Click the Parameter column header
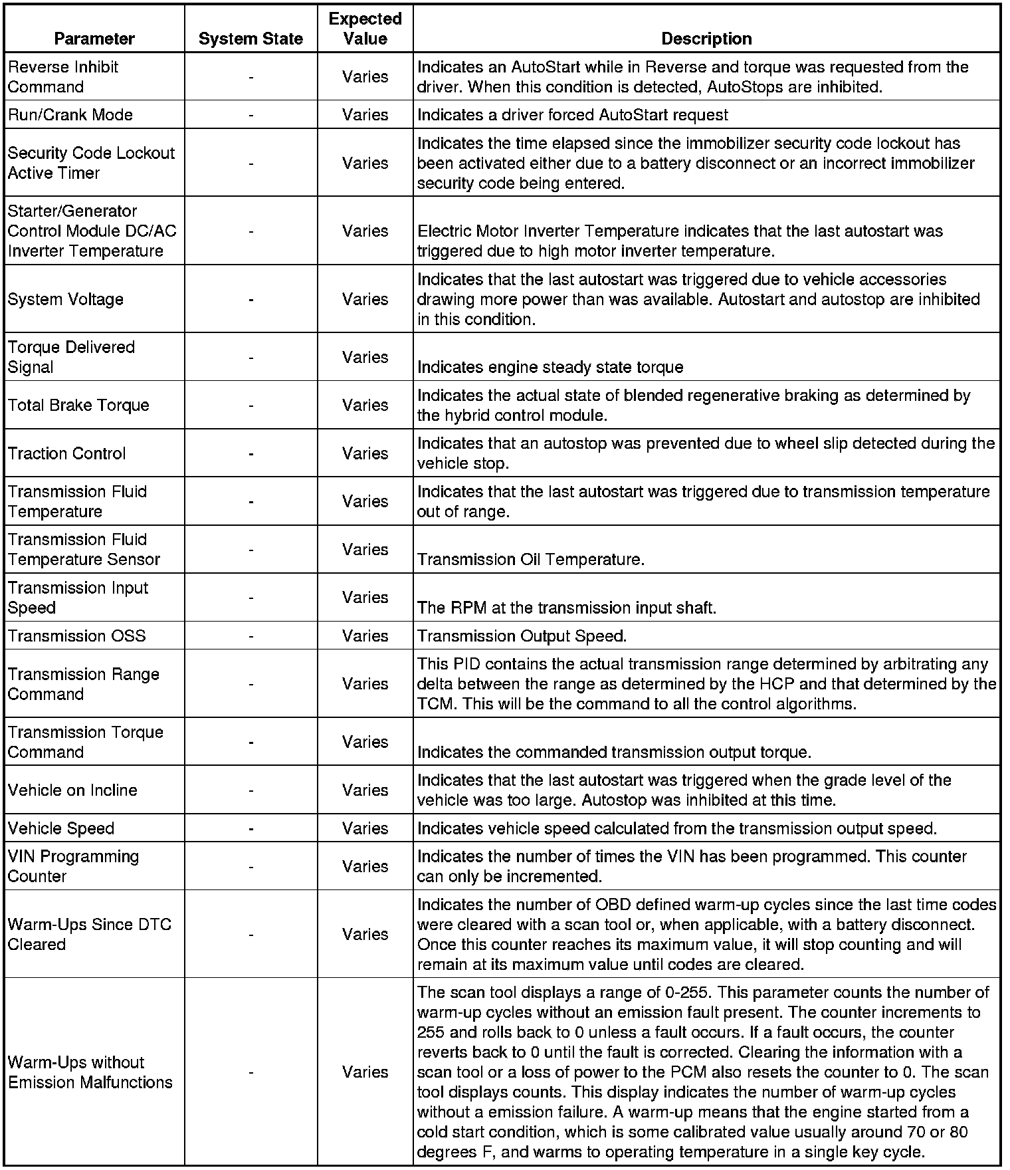tap(94, 39)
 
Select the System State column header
tap(251, 39)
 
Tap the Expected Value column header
tap(365, 29)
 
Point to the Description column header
tap(706, 39)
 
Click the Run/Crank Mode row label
tap(70, 115)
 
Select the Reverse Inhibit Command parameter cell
tap(63, 77)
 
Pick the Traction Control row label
tap(66, 453)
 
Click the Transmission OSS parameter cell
tap(76, 636)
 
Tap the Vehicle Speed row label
tap(61, 828)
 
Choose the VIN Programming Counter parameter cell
tap(73, 866)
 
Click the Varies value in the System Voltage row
tap(365, 299)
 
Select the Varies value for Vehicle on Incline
tap(365, 790)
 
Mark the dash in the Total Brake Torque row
tap(251, 405)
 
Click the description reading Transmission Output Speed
tap(522, 636)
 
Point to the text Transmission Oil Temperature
tap(530, 560)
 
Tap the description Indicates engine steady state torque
tap(550, 368)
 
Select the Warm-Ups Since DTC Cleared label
tap(89, 934)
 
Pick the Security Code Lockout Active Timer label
tap(91, 163)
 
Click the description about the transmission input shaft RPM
tap(566, 608)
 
